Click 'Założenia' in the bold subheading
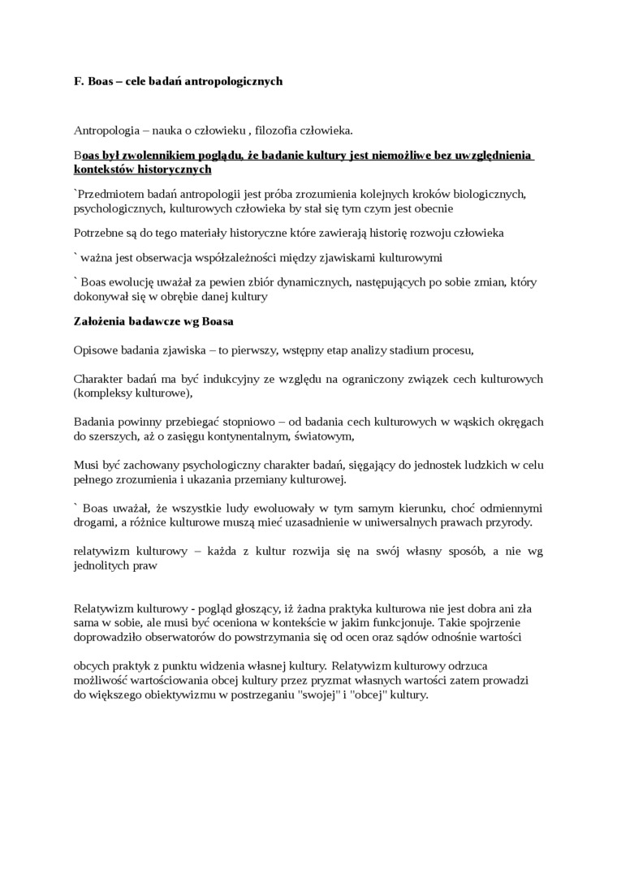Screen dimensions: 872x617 100,321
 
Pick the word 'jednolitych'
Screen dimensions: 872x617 102,565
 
